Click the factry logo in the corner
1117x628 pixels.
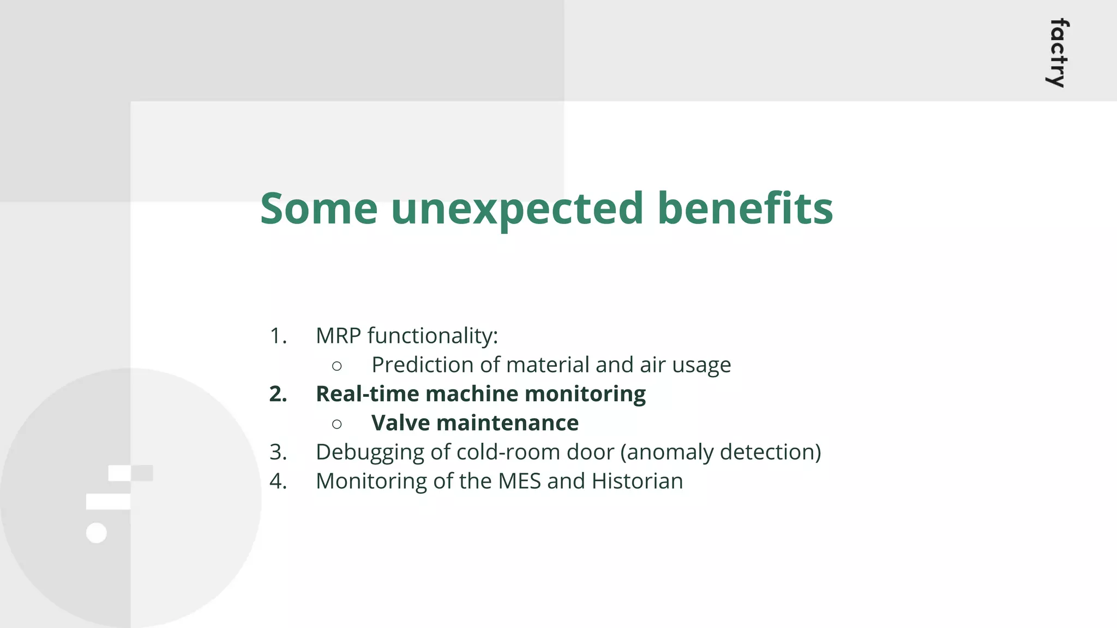coord(1058,53)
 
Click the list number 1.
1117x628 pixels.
coord(278,336)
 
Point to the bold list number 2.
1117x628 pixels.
coord(278,394)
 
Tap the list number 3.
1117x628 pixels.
coord(278,452)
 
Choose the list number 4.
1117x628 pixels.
coord(278,481)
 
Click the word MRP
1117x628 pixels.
coord(338,336)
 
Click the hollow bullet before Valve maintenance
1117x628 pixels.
coord(337,424)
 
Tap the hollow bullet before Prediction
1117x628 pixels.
coord(337,366)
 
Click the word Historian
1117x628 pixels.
coord(637,481)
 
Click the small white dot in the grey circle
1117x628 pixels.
coord(97,533)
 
